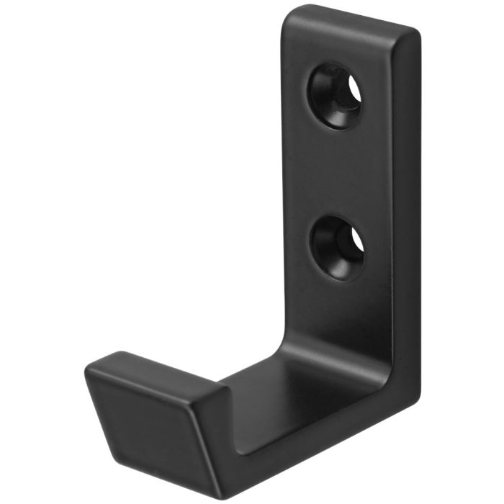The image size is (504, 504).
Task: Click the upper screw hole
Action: coord(335,96)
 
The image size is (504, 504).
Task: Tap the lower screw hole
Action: coord(337,247)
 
